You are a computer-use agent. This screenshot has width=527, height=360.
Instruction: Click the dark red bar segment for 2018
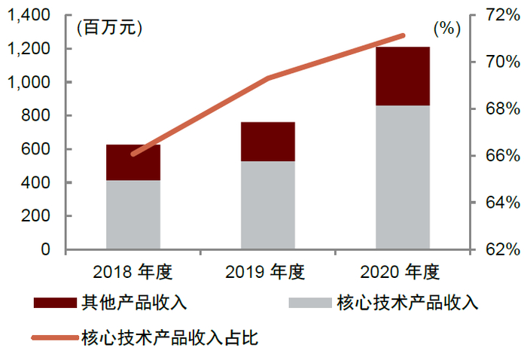[x=133, y=162]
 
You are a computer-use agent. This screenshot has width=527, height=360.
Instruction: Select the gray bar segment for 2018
[x=133, y=215]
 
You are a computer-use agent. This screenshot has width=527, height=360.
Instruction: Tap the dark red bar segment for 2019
[x=268, y=142]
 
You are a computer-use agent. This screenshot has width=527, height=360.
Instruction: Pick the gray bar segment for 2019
[x=268, y=205]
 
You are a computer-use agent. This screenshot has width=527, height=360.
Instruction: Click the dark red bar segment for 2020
[x=403, y=76]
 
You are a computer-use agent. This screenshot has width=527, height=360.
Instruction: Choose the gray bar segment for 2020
[x=403, y=177]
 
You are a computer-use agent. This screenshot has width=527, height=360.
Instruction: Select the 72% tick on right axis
[x=498, y=15]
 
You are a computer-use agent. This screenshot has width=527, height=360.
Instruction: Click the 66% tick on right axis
[x=498, y=156]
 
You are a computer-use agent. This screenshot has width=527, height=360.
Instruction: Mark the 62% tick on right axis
[x=498, y=249]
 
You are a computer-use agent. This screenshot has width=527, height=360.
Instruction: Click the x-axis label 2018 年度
[x=133, y=272]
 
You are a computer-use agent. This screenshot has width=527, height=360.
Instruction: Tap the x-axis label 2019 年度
[x=268, y=272]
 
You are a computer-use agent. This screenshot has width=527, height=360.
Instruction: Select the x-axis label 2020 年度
[x=403, y=272]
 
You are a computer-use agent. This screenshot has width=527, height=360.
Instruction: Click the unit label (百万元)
[x=108, y=28]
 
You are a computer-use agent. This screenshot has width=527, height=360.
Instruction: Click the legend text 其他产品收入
[x=133, y=303]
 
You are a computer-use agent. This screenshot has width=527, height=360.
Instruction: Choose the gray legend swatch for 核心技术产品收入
[x=309, y=303]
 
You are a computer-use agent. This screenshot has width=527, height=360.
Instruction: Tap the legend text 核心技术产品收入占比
[x=169, y=337]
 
